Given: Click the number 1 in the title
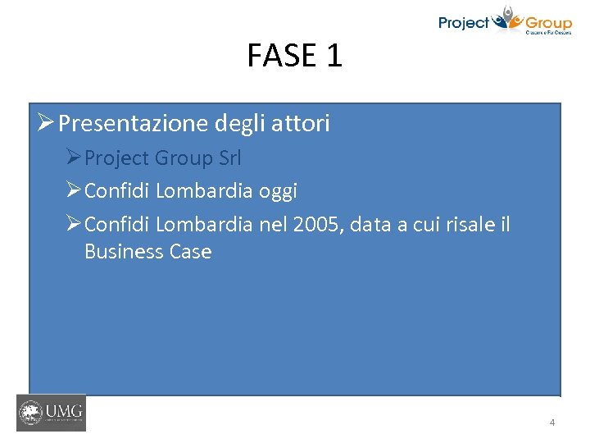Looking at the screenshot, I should tap(334, 56).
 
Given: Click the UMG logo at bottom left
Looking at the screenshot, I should tap(51, 413).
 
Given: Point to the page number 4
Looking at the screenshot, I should tap(551, 422).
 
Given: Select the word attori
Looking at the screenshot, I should tap(299, 124).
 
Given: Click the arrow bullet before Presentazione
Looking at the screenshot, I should tap(46, 123).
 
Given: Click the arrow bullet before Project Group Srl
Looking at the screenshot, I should tap(74, 158).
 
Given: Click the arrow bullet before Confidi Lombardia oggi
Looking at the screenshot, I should tap(74, 191).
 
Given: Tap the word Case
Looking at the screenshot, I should tap(188, 252).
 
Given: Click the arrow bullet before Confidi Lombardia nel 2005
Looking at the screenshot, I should tap(74, 224).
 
